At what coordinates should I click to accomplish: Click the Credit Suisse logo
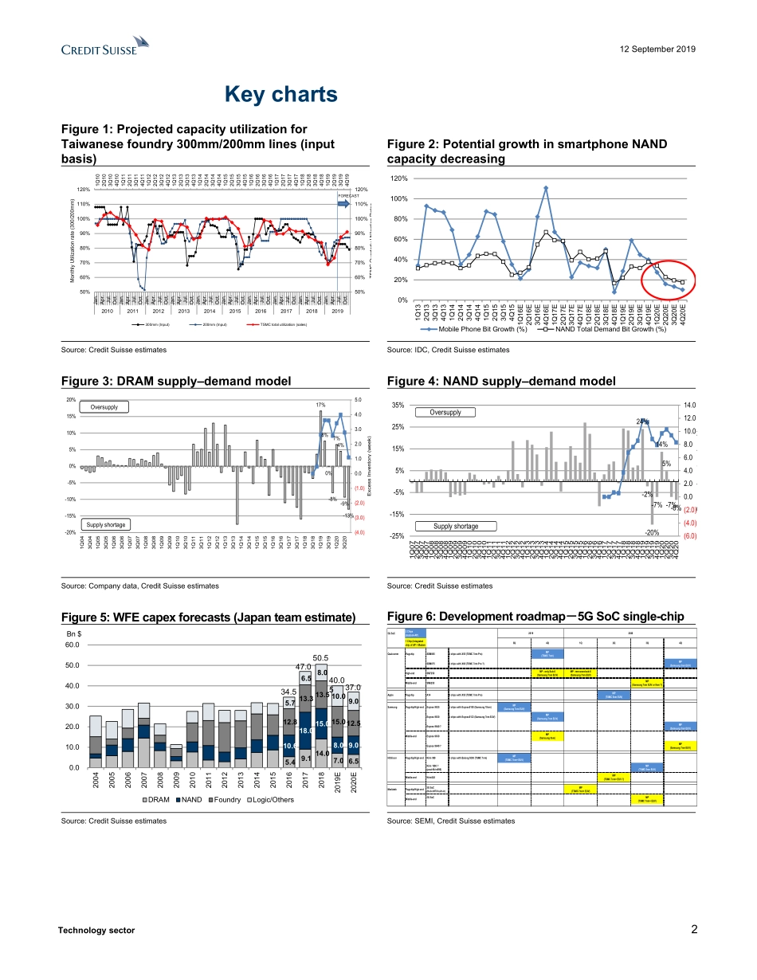[105, 48]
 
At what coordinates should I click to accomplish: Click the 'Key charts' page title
[280, 95]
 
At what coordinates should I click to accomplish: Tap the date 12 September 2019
[656, 49]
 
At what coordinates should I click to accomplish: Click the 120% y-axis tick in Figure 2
[399, 178]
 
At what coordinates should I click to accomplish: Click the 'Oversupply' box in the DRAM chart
[104, 407]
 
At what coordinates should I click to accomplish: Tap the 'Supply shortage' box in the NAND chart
[456, 526]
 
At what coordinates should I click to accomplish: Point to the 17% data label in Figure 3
[320, 406]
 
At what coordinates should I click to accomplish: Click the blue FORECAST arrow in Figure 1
[343, 204]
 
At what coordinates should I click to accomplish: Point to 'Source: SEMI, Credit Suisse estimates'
[450, 820]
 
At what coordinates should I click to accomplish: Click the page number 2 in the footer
[694, 929]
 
